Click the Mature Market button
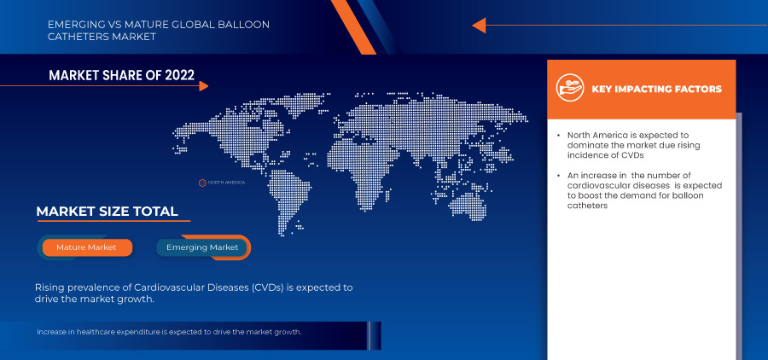[x=87, y=247]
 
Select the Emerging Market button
[x=202, y=247]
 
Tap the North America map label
[x=226, y=183]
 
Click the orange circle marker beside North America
[x=201, y=183]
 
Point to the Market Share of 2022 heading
[x=121, y=75]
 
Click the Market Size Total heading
[x=107, y=212]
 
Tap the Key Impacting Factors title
[x=657, y=89]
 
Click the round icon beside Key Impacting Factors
[x=570, y=88]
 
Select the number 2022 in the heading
[x=180, y=75]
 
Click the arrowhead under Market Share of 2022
[x=204, y=86]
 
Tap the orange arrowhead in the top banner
[x=479, y=26]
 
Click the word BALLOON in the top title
[x=250, y=25]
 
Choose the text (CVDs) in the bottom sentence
[x=268, y=287]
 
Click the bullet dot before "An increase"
[x=559, y=176]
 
